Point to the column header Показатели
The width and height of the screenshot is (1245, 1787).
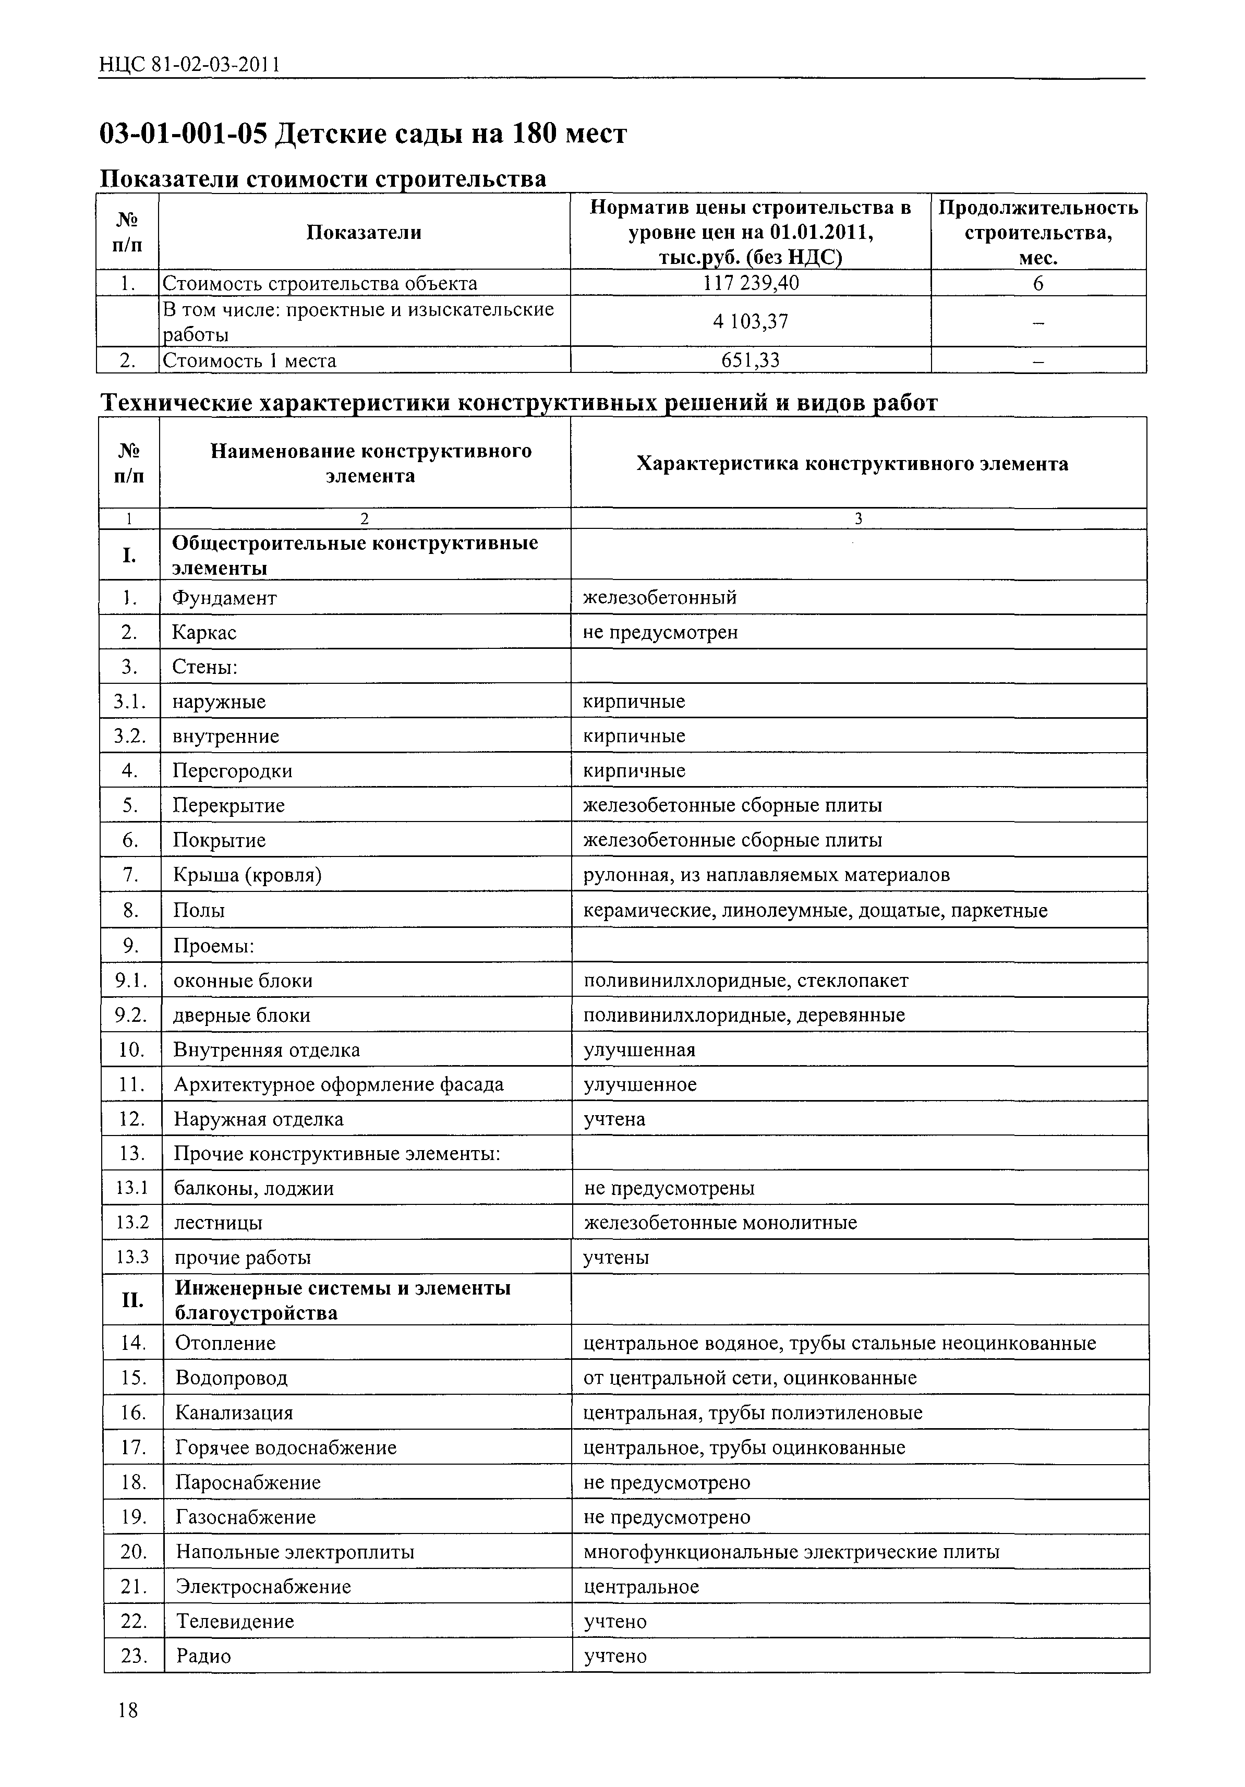pos(364,232)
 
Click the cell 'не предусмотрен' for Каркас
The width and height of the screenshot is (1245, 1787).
pos(660,632)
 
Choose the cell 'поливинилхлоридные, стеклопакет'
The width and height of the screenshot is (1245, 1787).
pos(745,980)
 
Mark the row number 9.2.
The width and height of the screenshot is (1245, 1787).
pos(131,1015)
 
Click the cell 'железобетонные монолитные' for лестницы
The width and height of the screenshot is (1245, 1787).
pos(720,1222)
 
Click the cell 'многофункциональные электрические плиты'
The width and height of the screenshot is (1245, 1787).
pos(791,1551)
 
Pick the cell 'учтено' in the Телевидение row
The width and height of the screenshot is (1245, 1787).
pos(615,1621)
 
